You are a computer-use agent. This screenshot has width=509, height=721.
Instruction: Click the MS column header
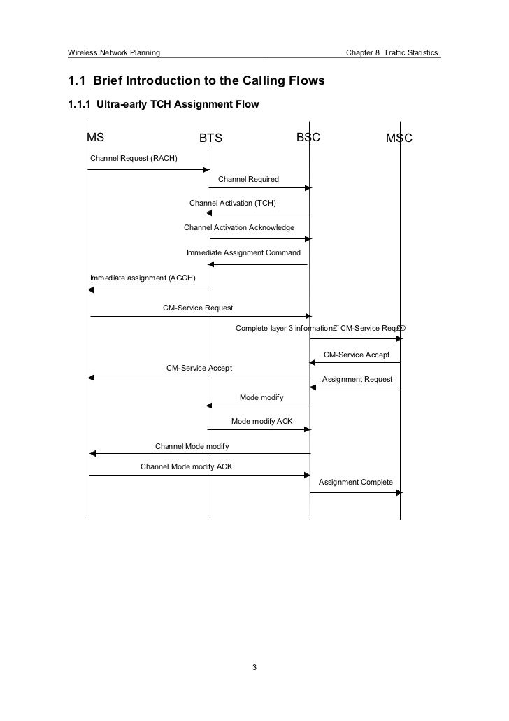click(x=95, y=137)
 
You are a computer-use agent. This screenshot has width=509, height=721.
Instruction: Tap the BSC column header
click(x=308, y=137)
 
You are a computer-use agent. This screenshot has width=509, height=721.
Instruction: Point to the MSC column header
click(x=400, y=138)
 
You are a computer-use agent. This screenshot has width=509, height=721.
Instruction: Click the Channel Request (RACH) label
click(x=134, y=159)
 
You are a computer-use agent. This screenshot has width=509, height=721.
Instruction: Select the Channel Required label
click(x=248, y=180)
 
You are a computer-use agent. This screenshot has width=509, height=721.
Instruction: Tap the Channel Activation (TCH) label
click(x=233, y=203)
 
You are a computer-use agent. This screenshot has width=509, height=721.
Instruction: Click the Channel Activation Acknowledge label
click(x=238, y=228)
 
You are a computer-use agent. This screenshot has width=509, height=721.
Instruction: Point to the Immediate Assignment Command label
click(x=243, y=252)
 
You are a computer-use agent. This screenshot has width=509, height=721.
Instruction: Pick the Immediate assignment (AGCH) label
click(x=138, y=278)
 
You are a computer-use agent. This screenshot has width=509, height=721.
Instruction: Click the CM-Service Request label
click(x=198, y=308)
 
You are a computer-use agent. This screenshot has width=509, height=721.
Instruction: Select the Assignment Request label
click(x=357, y=379)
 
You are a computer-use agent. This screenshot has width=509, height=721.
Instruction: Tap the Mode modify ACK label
click(x=261, y=421)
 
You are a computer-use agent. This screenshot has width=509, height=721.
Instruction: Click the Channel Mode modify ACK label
click(x=186, y=466)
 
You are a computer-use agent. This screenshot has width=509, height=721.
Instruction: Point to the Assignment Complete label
click(x=355, y=483)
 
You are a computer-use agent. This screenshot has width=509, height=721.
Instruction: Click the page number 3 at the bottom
click(x=254, y=667)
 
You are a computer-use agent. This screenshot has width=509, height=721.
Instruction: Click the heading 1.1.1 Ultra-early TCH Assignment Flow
click(x=162, y=106)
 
